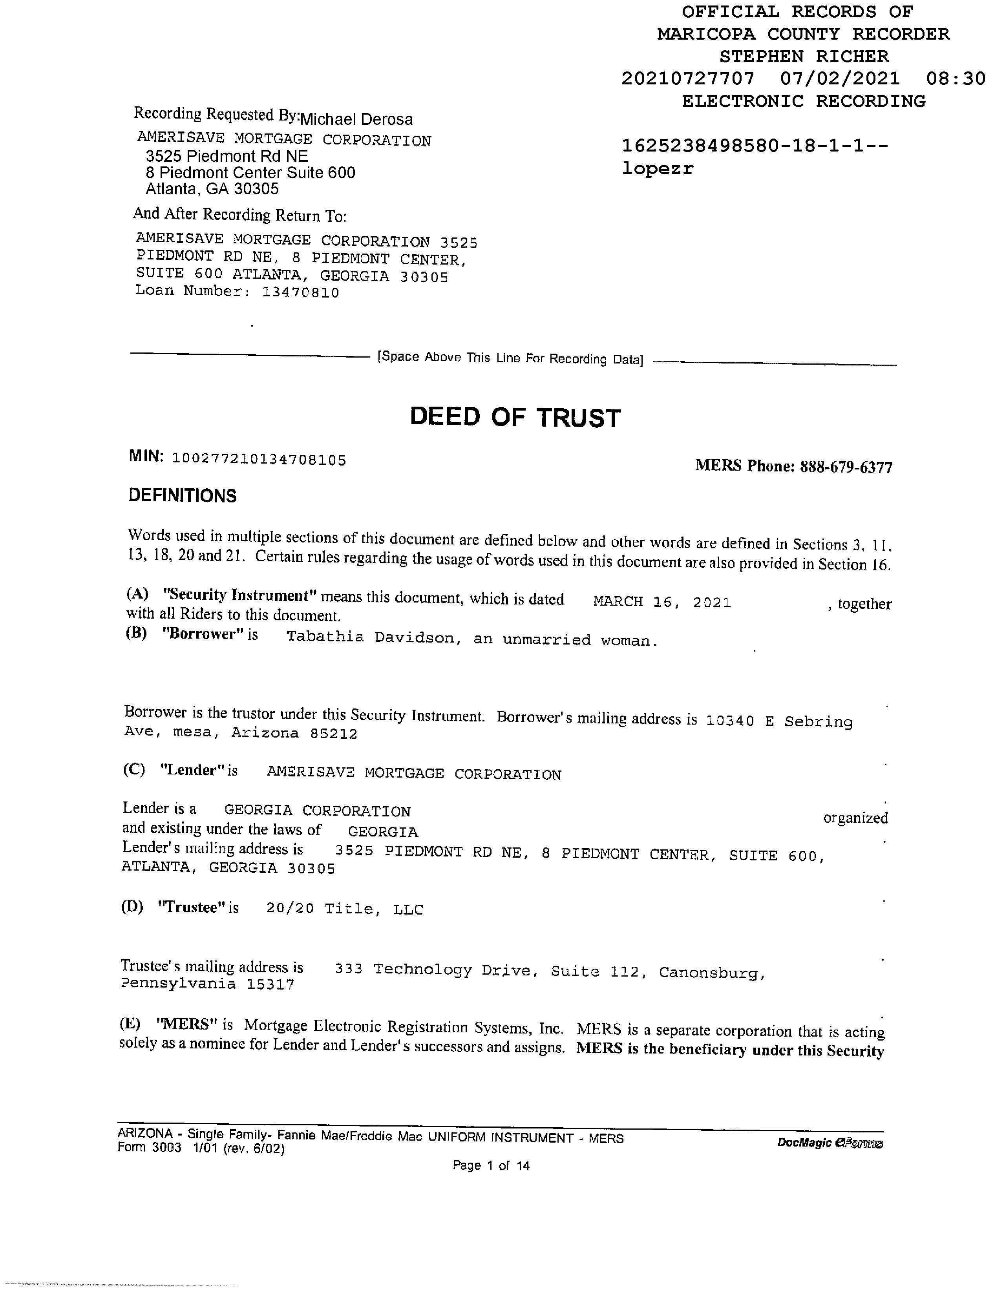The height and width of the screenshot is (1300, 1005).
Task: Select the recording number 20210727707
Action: coord(688,79)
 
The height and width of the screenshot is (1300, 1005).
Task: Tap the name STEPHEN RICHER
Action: coord(804,57)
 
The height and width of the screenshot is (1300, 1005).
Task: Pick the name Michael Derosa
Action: coord(356,119)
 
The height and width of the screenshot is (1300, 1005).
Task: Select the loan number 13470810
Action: coord(301,292)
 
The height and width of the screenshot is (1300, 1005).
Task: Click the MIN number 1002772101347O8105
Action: coord(259,460)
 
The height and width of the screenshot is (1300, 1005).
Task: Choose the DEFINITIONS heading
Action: coord(182,496)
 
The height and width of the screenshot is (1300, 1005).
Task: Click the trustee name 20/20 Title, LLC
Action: coord(345,909)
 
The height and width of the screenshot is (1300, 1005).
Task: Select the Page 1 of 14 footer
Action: coord(491,1165)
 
